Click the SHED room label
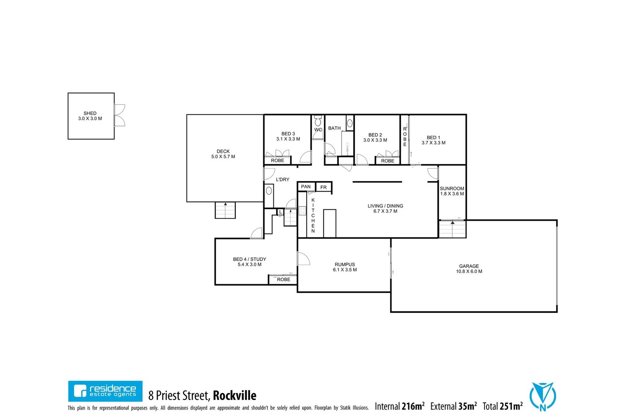tap(90, 116)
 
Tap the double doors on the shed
tap(119, 115)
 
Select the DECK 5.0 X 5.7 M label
tap(223, 154)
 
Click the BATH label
tap(334, 128)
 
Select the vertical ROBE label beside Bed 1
tap(405, 137)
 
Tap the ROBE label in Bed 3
tap(277, 160)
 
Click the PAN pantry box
tap(306, 187)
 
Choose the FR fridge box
tap(323, 187)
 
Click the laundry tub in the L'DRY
tap(269, 191)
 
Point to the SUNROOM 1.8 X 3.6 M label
tap(452, 191)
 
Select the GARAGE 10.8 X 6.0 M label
tap(469, 269)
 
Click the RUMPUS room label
tap(345, 267)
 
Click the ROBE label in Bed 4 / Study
tap(283, 280)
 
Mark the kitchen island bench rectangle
tap(330, 223)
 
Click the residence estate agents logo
tap(105, 391)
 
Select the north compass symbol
tap(543, 397)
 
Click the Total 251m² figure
tap(502, 406)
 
